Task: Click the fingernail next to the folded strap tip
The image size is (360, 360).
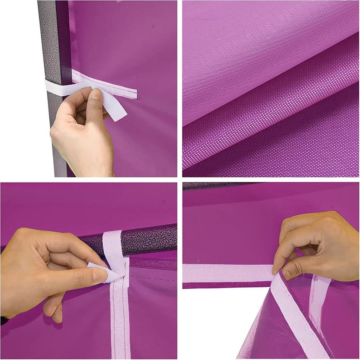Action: [x=100, y=275]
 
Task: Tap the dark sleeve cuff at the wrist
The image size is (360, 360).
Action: [x=4, y=320]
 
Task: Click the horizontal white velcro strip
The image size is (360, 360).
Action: [x=225, y=273]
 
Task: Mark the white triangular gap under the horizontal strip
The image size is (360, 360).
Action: [x=215, y=320]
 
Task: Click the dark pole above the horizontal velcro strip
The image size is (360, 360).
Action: [x=218, y=186]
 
